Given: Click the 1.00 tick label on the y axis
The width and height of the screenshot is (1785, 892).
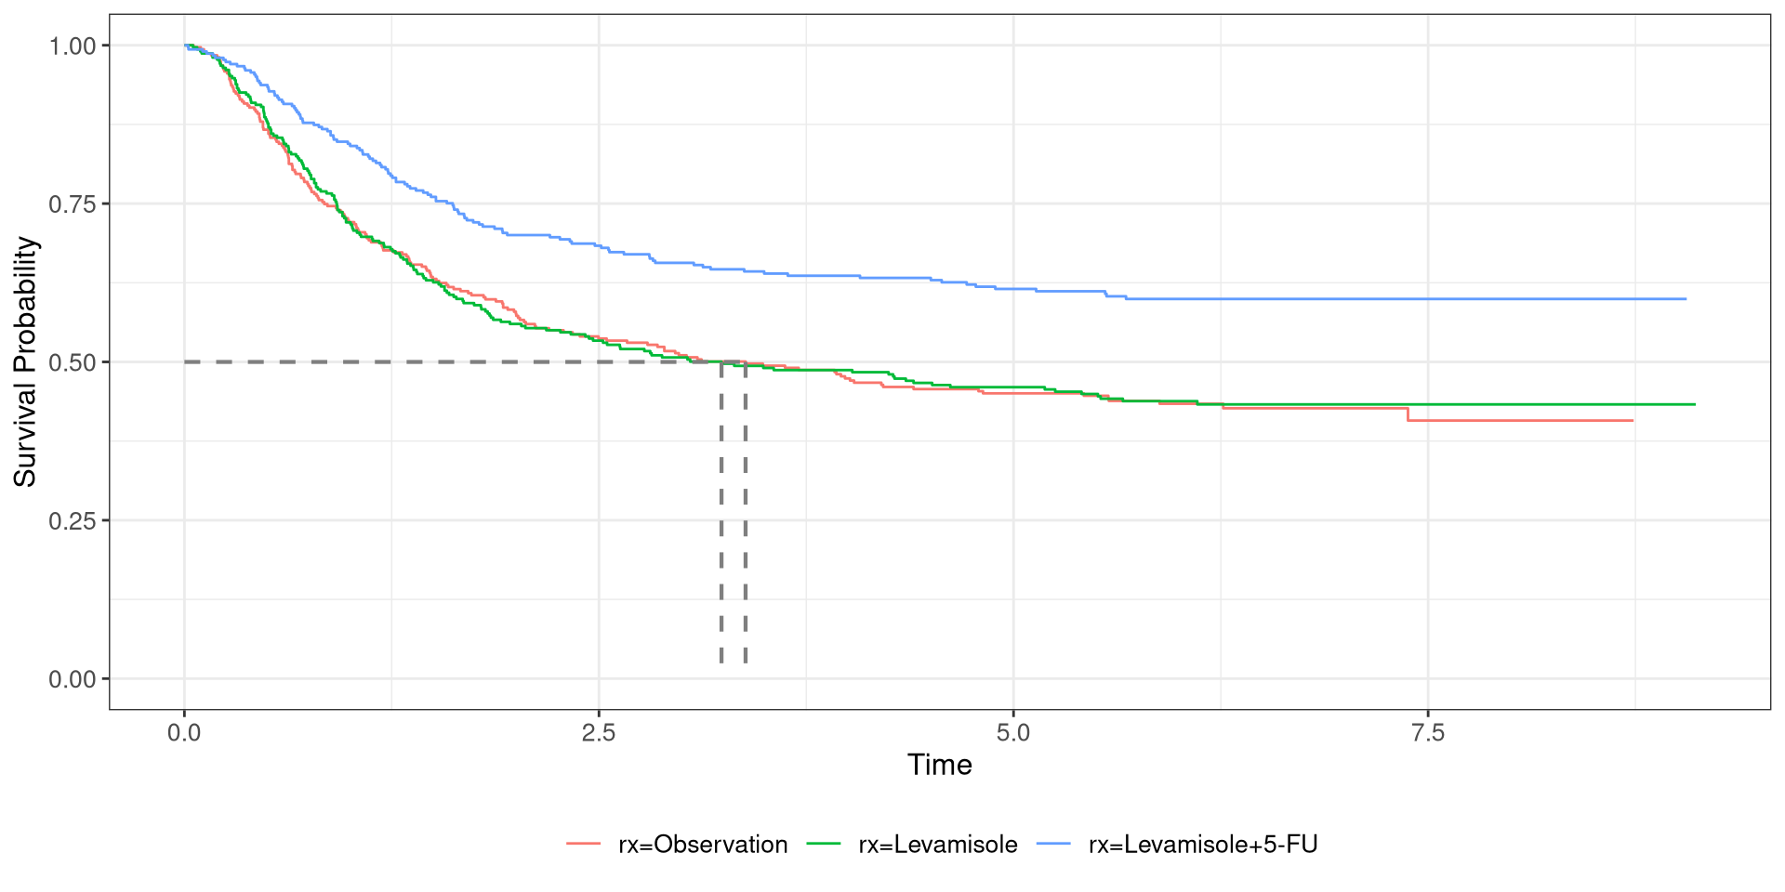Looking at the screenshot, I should coord(73,46).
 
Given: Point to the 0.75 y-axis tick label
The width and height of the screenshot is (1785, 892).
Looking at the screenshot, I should coord(73,203).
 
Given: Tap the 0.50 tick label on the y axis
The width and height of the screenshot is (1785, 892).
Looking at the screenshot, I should coord(73,362).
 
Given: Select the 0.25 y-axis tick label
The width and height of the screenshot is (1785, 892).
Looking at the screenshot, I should coord(73,520).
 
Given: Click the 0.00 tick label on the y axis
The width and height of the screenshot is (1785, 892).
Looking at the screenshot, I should coord(73,679).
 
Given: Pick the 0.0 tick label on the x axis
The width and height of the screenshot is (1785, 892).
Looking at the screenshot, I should coord(184,733).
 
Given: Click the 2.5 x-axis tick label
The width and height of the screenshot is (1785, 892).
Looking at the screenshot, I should coord(599,733).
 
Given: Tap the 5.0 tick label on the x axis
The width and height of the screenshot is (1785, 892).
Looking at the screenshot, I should coord(1013,733).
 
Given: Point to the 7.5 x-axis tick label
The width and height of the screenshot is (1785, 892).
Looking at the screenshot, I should coord(1428,733).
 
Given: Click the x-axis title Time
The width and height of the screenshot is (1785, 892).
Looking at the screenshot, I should coord(939,765).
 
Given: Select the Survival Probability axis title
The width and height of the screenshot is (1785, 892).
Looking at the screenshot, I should coord(25,361).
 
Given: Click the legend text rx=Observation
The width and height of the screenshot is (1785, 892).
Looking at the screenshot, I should coord(703,845).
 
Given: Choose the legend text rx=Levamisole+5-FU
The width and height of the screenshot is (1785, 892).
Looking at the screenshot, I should coord(1203,845).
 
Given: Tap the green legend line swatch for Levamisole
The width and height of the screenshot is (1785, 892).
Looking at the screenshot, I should coord(824,844).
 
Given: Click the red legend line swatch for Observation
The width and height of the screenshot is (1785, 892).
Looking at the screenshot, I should coord(584,844).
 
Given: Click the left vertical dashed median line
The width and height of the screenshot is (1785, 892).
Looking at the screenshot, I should coord(721,511).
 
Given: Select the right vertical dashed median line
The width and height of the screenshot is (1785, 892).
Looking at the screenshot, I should coord(746,511).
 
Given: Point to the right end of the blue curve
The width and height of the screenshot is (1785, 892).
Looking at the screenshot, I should coord(1686,299).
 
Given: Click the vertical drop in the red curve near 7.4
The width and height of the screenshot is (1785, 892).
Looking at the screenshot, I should coord(1408,414).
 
